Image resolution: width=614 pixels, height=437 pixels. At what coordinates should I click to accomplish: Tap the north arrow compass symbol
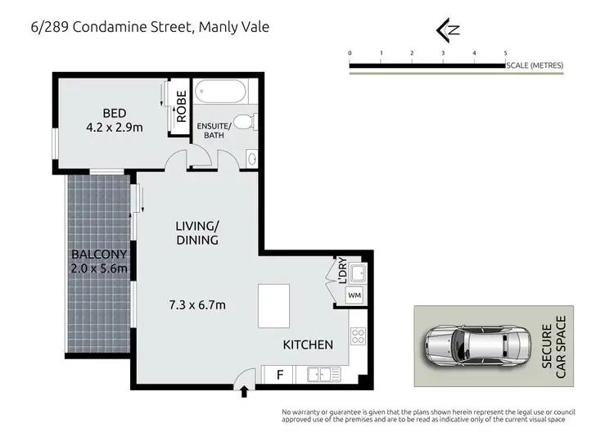click(447, 30)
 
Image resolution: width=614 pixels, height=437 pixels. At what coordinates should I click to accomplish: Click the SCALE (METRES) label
click(535, 65)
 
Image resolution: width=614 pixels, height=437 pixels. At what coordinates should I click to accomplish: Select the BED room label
click(114, 113)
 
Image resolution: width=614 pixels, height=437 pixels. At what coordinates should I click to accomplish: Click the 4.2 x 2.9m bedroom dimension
click(114, 127)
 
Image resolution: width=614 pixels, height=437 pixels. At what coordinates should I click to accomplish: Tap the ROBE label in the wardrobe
click(181, 106)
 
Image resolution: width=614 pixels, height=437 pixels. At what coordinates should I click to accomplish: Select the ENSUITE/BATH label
click(214, 130)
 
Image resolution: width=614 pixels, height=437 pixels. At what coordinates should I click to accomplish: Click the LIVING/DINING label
click(197, 232)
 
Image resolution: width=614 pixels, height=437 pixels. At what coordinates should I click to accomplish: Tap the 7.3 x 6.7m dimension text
click(197, 305)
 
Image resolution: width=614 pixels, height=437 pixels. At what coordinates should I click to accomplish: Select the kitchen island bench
click(273, 305)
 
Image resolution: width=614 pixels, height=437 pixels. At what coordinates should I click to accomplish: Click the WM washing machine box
click(354, 294)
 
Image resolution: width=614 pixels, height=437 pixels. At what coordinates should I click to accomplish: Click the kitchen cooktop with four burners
click(357, 335)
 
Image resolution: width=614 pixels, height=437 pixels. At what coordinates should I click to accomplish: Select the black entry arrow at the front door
click(244, 392)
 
